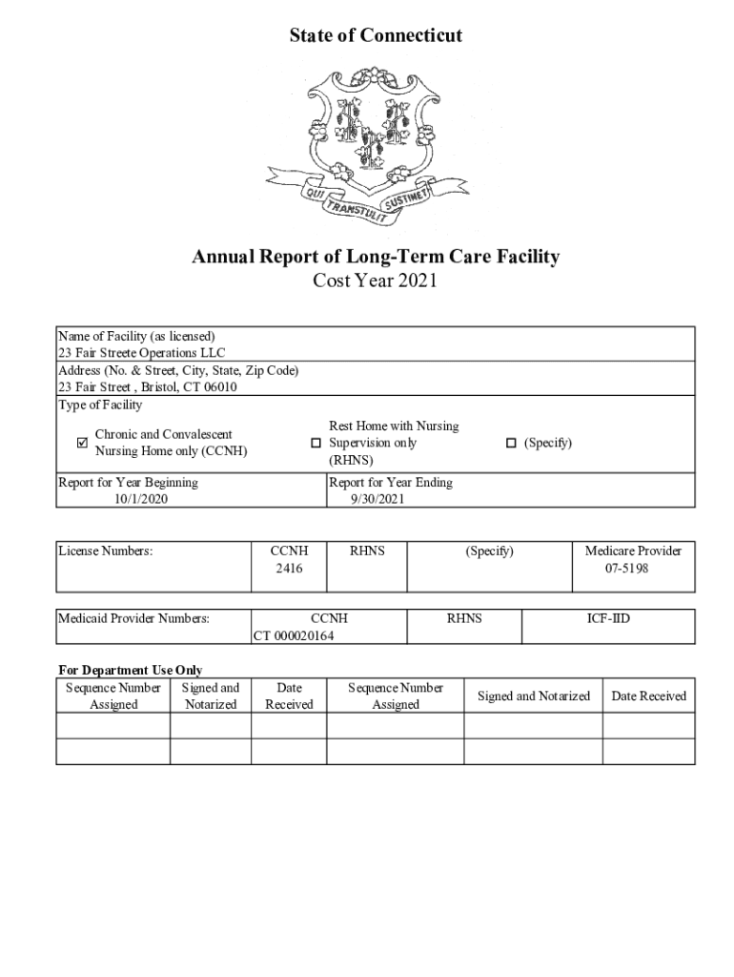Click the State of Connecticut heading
coord(376,36)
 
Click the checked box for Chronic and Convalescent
coord(82,443)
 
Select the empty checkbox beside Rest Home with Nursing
coord(316,444)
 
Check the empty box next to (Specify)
coord(511,443)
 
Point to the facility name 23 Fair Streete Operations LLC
coord(142,353)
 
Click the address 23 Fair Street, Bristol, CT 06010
coord(148,387)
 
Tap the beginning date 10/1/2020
coord(141,499)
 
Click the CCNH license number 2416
coord(289,569)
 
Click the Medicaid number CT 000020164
coord(294,635)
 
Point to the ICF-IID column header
coord(608,619)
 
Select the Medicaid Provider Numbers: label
coord(133,619)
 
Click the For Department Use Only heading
coord(130,671)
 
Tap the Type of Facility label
coord(100,405)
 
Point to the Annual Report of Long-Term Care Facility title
coord(376,257)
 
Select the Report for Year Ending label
coord(391,483)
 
